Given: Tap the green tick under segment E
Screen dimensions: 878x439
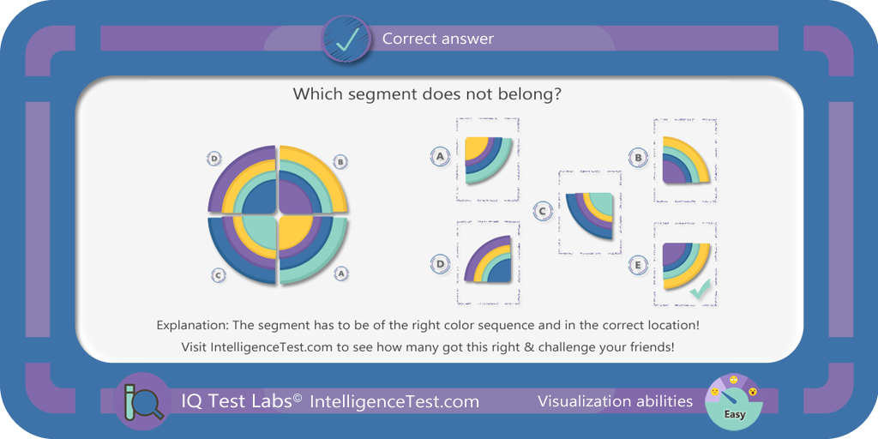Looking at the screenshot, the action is [700, 289].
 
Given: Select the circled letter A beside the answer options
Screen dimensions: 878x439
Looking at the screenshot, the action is [441, 157].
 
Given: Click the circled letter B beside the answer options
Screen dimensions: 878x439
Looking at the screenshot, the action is [638, 158].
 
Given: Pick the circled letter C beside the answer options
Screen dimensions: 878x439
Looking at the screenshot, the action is [542, 211].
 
